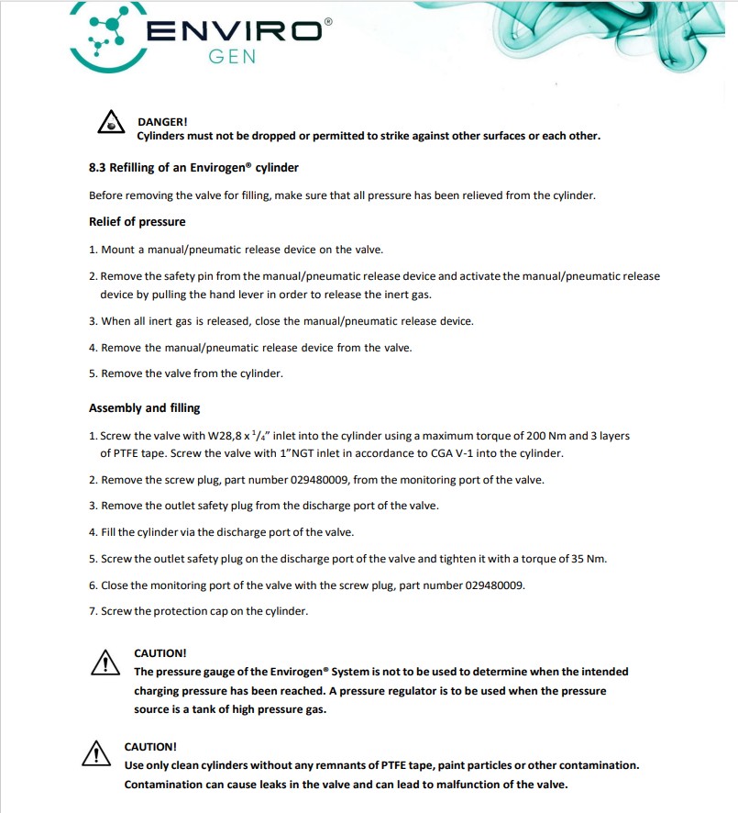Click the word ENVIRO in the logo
click(234, 30)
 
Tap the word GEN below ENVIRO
click(233, 57)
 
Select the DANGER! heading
click(162, 121)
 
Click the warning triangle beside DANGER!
click(111, 126)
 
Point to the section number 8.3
click(97, 168)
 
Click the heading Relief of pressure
click(137, 222)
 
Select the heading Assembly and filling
click(144, 407)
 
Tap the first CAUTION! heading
click(160, 653)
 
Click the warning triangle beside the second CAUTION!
click(96, 754)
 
